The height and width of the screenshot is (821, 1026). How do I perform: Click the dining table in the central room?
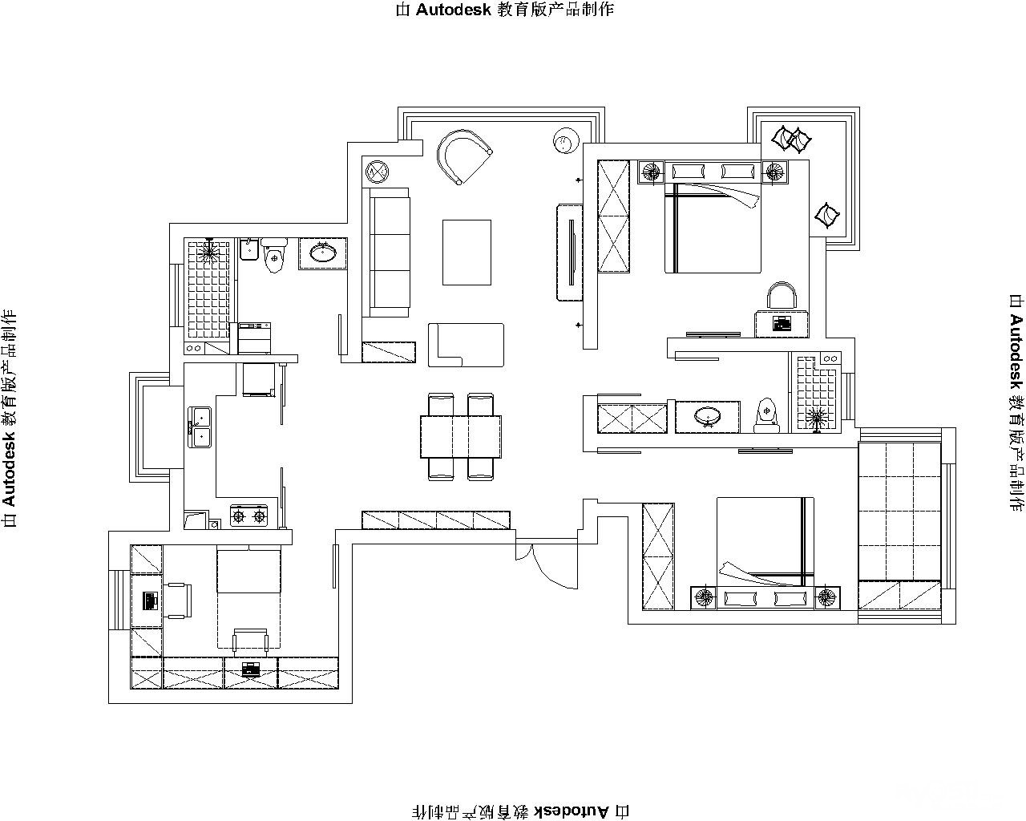(x=461, y=436)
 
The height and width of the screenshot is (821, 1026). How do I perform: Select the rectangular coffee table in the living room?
(x=467, y=253)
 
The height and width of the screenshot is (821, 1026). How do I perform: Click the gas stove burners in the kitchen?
(x=248, y=516)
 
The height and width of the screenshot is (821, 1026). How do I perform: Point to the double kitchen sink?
(x=200, y=427)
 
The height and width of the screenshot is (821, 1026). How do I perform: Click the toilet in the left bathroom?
(x=274, y=256)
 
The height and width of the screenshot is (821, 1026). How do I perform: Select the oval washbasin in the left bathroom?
(x=323, y=252)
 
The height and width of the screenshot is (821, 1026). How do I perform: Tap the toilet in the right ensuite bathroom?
(x=766, y=415)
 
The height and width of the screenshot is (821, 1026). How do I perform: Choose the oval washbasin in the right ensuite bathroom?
(x=708, y=415)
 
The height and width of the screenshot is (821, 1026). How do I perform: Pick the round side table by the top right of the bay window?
(x=567, y=141)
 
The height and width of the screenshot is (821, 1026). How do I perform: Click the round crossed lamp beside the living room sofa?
(x=377, y=172)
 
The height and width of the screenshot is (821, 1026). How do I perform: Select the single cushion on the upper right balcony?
(x=827, y=216)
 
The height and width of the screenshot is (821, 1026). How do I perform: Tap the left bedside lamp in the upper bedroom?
(x=651, y=172)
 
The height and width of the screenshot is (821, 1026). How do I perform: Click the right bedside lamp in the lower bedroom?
(x=827, y=597)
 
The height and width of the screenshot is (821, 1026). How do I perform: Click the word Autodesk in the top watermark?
(x=454, y=10)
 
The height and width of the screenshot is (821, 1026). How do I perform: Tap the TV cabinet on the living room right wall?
(x=570, y=253)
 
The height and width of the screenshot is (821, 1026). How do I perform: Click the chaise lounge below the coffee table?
(x=466, y=345)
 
